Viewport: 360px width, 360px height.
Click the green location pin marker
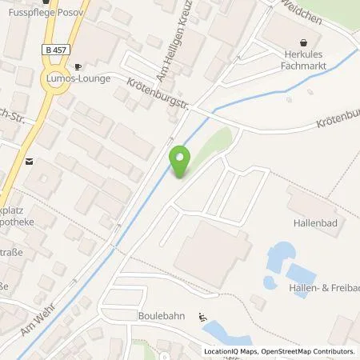[181, 162]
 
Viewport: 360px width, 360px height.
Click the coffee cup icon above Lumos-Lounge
[77, 67]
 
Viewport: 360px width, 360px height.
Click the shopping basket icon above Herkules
[303, 43]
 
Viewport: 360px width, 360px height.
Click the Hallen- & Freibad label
[323, 287]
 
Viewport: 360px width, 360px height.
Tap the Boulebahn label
[161, 316]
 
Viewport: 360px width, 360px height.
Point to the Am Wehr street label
[38, 323]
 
